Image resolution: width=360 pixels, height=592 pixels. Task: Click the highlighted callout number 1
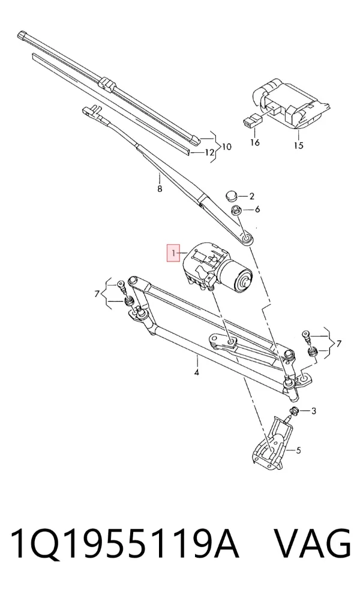pyautogui.click(x=173, y=253)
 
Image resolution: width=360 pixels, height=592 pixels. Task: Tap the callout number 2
pyautogui.click(x=251, y=196)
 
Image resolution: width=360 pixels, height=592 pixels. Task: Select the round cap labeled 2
pyautogui.click(x=231, y=196)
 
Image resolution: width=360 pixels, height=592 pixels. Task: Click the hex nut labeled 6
pyautogui.click(x=235, y=209)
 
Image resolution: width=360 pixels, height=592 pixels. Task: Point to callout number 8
pyautogui.click(x=160, y=188)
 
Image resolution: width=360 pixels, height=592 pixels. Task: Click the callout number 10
pyautogui.click(x=226, y=146)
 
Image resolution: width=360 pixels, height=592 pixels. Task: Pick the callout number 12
pyautogui.click(x=209, y=152)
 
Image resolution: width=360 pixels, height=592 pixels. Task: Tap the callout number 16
pyautogui.click(x=255, y=142)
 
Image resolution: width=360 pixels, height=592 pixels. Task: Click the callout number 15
pyautogui.click(x=298, y=145)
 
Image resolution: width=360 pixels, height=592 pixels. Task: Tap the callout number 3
pyautogui.click(x=313, y=411)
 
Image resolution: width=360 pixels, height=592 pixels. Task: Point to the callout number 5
pyautogui.click(x=298, y=450)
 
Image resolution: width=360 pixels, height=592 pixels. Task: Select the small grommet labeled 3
pyautogui.click(x=294, y=411)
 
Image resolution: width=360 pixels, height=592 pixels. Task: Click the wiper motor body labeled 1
pyautogui.click(x=215, y=268)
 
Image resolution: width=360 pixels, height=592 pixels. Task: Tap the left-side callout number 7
pyautogui.click(x=97, y=293)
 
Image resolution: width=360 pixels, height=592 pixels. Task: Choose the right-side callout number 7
pyautogui.click(x=338, y=344)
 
